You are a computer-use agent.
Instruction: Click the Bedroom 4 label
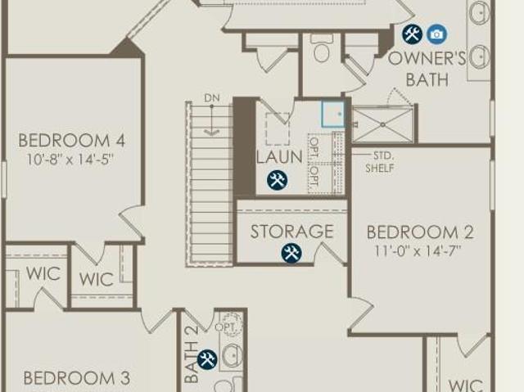tap(71, 140)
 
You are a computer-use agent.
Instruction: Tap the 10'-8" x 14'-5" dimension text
tap(71, 159)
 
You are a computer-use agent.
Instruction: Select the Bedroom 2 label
tap(420, 232)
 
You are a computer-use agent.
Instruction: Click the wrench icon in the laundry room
tap(277, 180)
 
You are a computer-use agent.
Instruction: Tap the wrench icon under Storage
tap(291, 253)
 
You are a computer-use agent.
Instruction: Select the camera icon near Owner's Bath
tap(436, 34)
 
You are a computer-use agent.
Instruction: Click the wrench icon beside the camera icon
tap(412, 34)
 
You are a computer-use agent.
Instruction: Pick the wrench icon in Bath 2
tap(207, 358)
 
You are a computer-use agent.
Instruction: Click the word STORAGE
tap(291, 232)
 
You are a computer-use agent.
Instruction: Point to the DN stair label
tap(212, 99)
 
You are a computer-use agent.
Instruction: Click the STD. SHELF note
tap(382, 161)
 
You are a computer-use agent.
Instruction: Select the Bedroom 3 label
tap(76, 378)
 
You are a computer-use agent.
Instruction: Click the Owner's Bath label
tap(427, 69)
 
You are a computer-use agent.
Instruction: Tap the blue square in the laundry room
tap(332, 113)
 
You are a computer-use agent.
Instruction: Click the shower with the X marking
tap(382, 124)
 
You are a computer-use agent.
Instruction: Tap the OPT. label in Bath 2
tap(228, 327)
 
